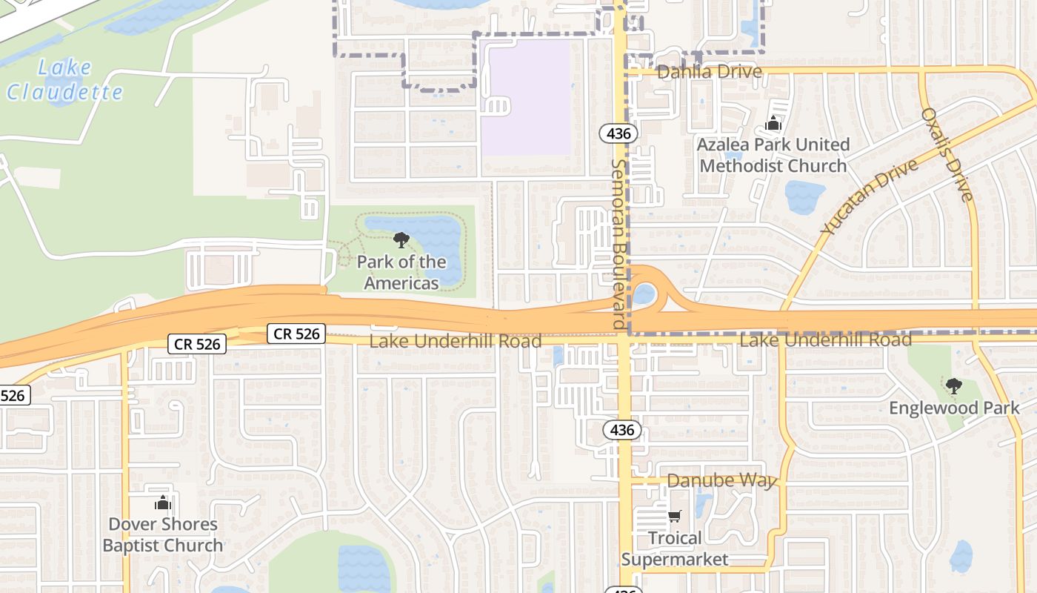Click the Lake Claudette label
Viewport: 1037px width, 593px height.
coord(64,80)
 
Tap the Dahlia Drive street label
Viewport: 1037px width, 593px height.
coord(709,72)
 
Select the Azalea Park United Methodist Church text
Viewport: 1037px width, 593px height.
coord(773,155)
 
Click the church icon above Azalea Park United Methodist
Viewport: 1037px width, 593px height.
coord(773,123)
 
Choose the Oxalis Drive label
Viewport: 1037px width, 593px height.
coord(947,154)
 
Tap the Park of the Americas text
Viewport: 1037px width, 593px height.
coord(401,272)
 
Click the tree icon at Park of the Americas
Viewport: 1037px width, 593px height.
coord(401,240)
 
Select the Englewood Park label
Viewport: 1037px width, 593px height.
coord(954,408)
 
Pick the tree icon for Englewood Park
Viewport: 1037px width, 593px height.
coord(954,385)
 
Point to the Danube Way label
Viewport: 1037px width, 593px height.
coord(721,480)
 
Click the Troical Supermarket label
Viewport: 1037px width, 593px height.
coord(675,549)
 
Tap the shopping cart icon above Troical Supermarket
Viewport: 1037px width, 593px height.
coord(674,516)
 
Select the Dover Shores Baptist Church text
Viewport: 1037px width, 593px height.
coord(163,534)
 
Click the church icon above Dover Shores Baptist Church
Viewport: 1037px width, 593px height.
coord(163,503)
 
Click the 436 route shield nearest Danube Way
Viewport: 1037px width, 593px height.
coord(622,429)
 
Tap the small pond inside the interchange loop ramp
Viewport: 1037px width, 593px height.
coord(644,294)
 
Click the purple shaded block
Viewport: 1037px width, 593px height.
coord(527,96)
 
